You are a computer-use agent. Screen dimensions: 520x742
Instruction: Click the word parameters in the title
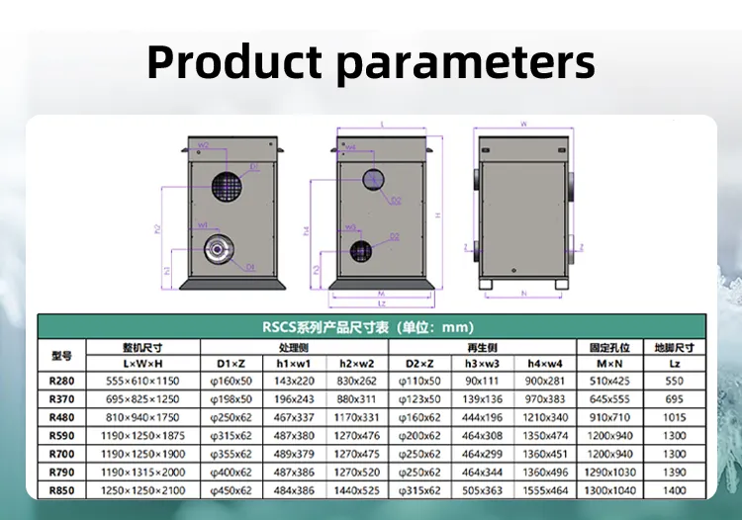coord(465,62)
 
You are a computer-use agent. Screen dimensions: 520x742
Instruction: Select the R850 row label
coord(62,488)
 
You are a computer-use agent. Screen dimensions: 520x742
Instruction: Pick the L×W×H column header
coord(144,364)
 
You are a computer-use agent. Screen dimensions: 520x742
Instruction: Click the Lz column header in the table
coord(675,364)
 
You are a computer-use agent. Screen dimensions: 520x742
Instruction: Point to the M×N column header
coord(610,364)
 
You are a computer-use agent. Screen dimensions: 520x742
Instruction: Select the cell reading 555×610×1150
coord(144,381)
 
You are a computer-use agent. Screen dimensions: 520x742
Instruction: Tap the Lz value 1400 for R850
coord(675,488)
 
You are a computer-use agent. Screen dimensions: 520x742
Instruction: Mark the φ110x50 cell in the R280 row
coord(419,381)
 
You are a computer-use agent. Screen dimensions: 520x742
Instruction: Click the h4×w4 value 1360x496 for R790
coord(545,472)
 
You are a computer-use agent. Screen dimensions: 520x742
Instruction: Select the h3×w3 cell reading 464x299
coord(483,453)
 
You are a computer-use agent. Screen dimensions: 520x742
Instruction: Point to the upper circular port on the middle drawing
coord(374,179)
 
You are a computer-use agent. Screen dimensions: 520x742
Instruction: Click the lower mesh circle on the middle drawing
coord(362,250)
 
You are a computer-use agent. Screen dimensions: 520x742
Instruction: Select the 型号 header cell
coord(62,355)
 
